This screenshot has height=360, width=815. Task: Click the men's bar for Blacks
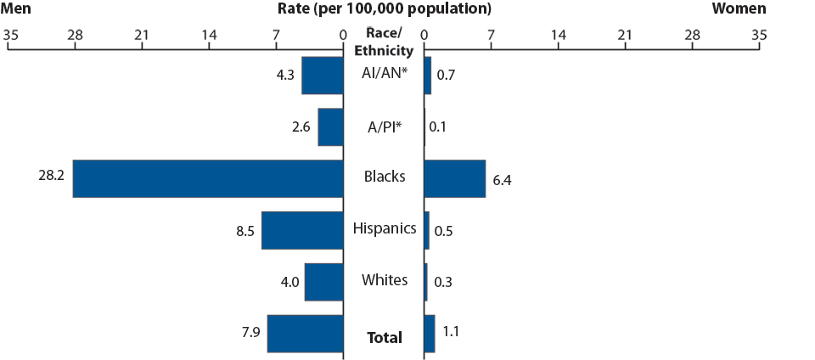pyautogui.click(x=208, y=178)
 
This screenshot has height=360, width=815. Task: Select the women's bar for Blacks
pyautogui.click(x=454, y=178)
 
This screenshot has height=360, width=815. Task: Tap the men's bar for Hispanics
pyautogui.click(x=302, y=230)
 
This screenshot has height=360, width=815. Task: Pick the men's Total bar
pyautogui.click(x=306, y=334)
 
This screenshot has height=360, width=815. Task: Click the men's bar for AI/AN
pyautogui.click(x=323, y=76)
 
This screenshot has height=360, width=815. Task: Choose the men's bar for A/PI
pyautogui.click(x=330, y=127)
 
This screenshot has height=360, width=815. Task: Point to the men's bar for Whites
pyautogui.click(x=323, y=282)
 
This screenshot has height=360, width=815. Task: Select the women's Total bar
pyautogui.click(x=429, y=334)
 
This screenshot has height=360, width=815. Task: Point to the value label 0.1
pyautogui.click(x=438, y=127)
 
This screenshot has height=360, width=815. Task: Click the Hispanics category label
pyautogui.click(x=385, y=228)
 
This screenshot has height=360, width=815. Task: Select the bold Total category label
pyautogui.click(x=385, y=338)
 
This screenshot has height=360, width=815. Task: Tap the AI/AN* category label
pyautogui.click(x=385, y=73)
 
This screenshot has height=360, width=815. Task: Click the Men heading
pyautogui.click(x=16, y=9)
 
